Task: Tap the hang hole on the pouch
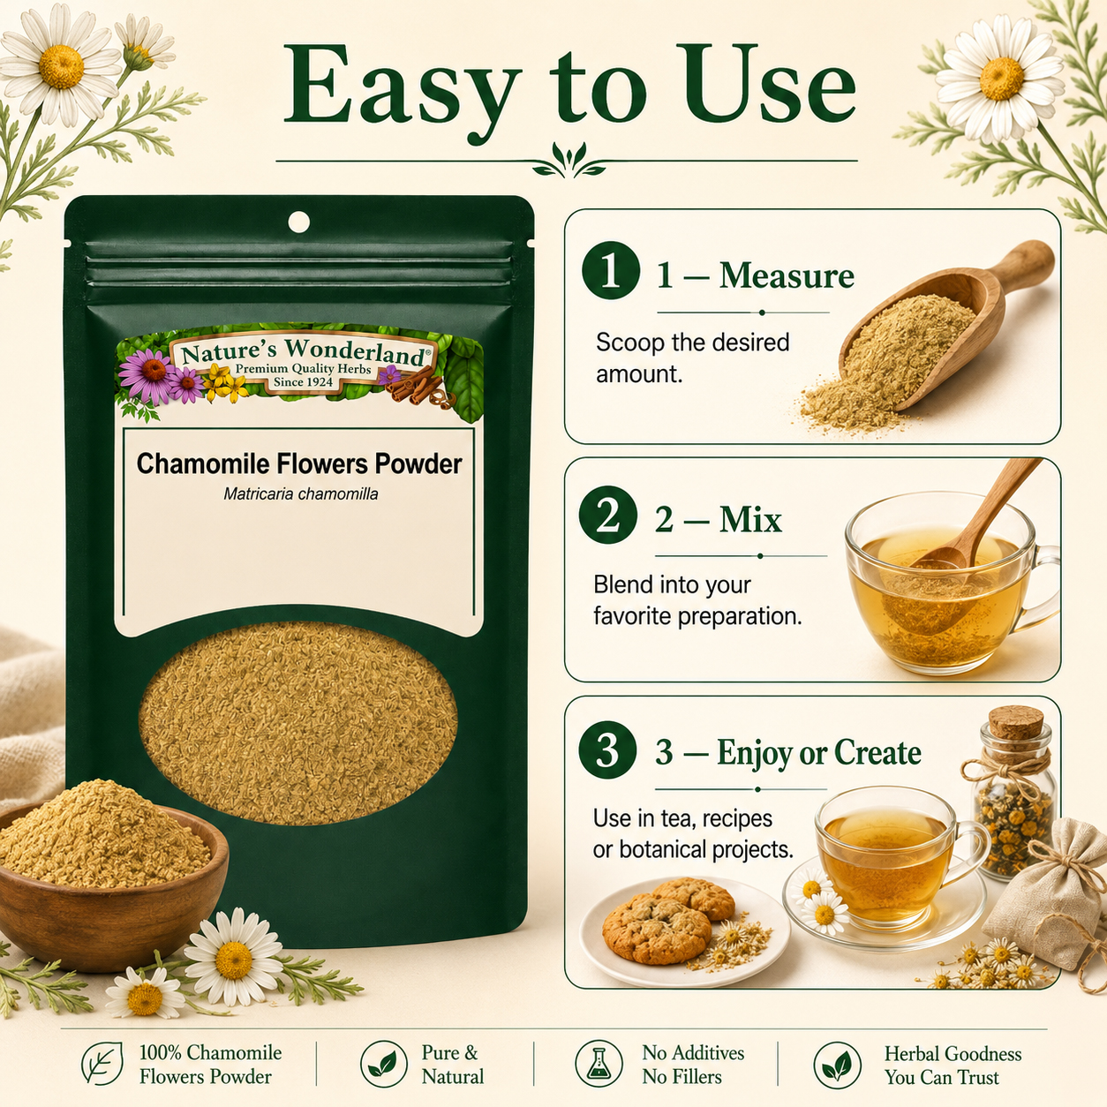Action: [x=298, y=222]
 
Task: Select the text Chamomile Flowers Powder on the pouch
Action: [x=298, y=464]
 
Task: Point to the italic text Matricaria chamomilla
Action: [x=300, y=494]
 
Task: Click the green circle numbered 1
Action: [x=610, y=271]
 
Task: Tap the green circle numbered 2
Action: [x=607, y=515]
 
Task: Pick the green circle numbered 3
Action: [x=607, y=749]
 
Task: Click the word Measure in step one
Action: [x=787, y=275]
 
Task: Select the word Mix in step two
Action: [x=750, y=520]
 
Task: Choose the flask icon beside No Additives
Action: [x=599, y=1064]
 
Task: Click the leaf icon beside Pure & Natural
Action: [x=384, y=1064]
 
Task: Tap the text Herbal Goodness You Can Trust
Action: [x=953, y=1064]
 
